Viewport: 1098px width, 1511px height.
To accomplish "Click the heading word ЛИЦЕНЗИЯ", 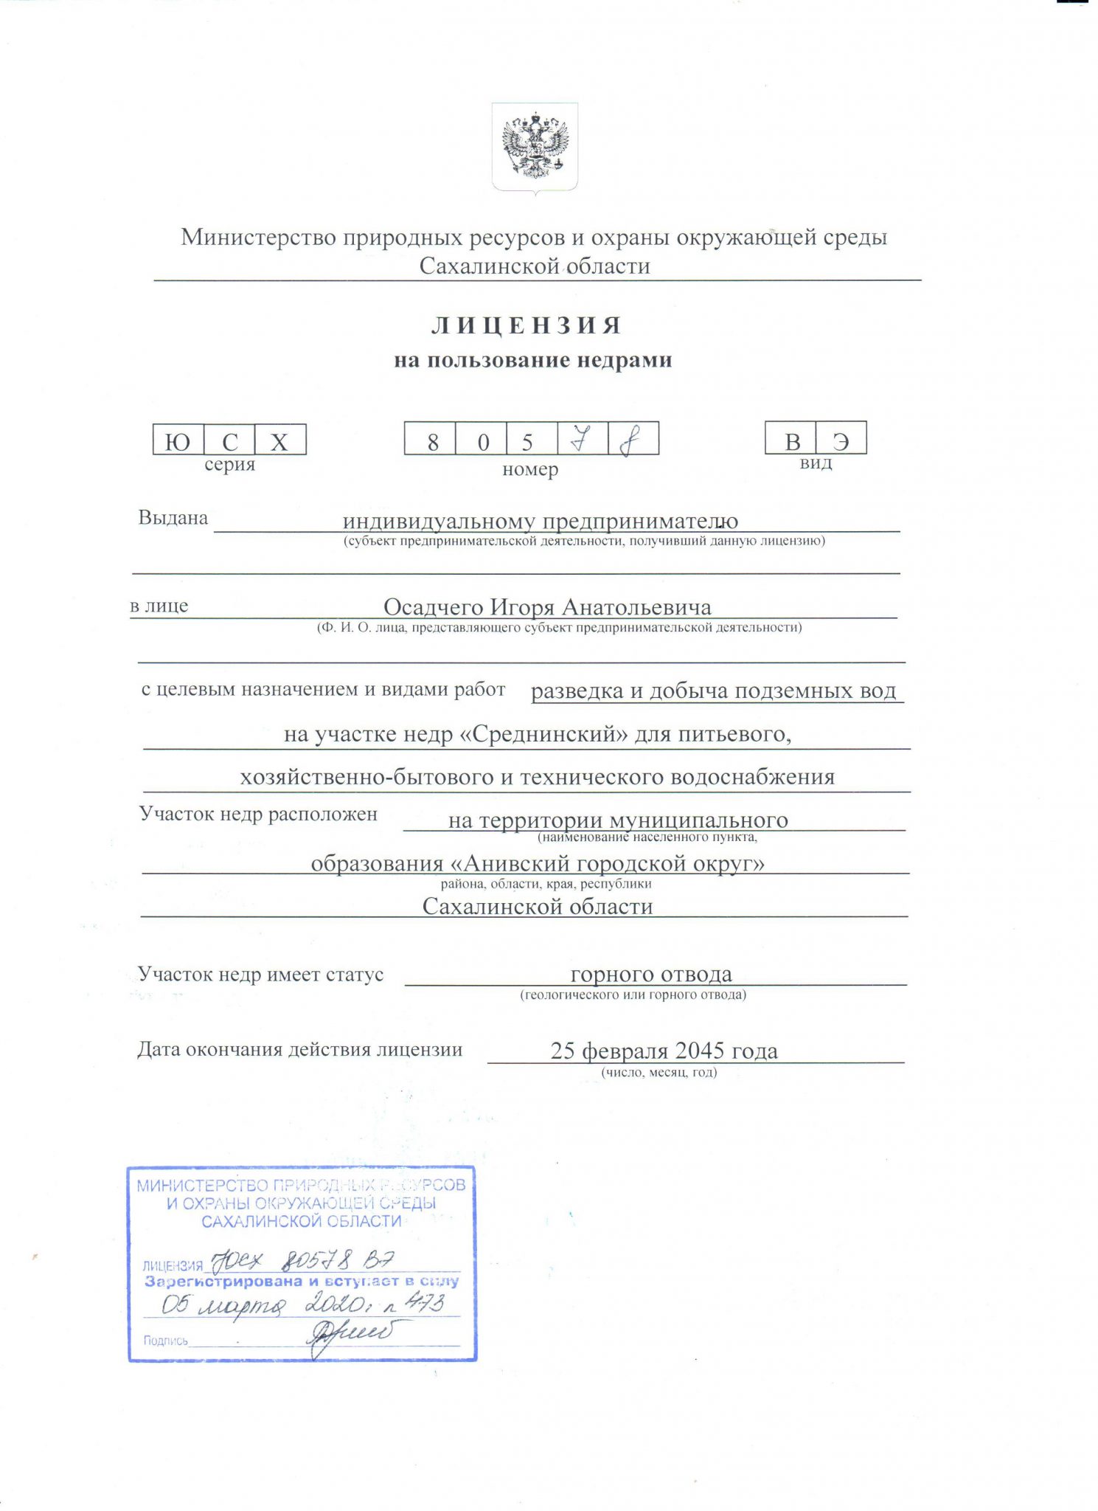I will pos(527,325).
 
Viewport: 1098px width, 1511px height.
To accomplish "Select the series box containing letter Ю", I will pos(177,440).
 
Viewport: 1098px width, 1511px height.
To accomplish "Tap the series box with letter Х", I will pos(279,440).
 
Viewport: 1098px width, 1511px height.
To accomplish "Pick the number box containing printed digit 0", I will pos(483,441).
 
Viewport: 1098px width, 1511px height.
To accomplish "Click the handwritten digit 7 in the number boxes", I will pos(582,440).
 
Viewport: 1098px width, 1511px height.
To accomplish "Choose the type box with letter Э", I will pos(841,440).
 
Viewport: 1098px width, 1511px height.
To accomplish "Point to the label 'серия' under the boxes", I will pos(229,465).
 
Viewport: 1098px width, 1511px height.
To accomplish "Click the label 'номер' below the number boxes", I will pos(529,469).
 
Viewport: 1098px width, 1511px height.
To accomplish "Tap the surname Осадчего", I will pos(434,607).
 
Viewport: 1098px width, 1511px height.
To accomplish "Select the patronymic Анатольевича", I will pos(636,607).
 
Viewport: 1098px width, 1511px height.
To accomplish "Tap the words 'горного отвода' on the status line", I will pos(651,974).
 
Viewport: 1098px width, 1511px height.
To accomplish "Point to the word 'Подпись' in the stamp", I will pos(165,1341).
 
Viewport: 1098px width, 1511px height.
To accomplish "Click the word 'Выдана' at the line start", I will pos(173,518).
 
